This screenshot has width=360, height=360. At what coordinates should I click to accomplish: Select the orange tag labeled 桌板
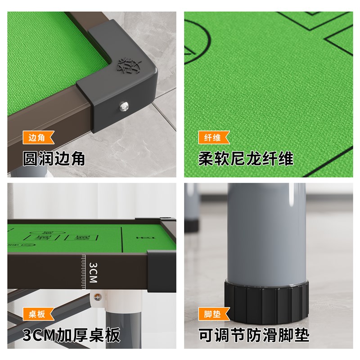[x=38, y=314]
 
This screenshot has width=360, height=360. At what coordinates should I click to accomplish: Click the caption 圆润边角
[x=54, y=158]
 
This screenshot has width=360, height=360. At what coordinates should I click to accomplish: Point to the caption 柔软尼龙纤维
[x=246, y=158]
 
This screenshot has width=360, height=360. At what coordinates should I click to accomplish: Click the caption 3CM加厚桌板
[x=72, y=335]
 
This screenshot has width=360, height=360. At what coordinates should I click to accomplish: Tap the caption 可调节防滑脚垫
[x=254, y=335]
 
